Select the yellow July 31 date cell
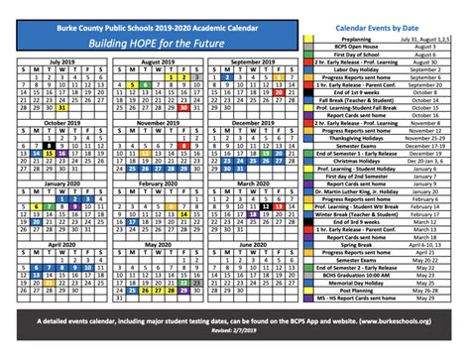pyautogui.click(x=60, y=108)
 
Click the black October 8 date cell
pyautogui.click(x=49, y=144)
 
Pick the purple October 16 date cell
pyautogui.click(x=61, y=153)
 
